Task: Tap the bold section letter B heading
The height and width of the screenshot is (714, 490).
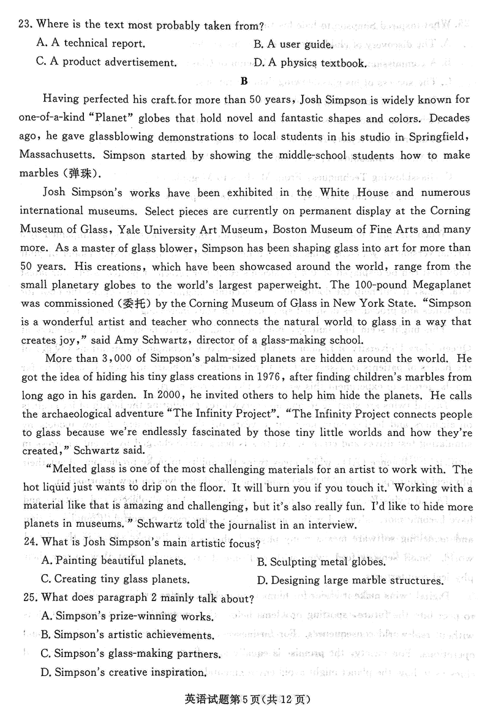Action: (244, 80)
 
